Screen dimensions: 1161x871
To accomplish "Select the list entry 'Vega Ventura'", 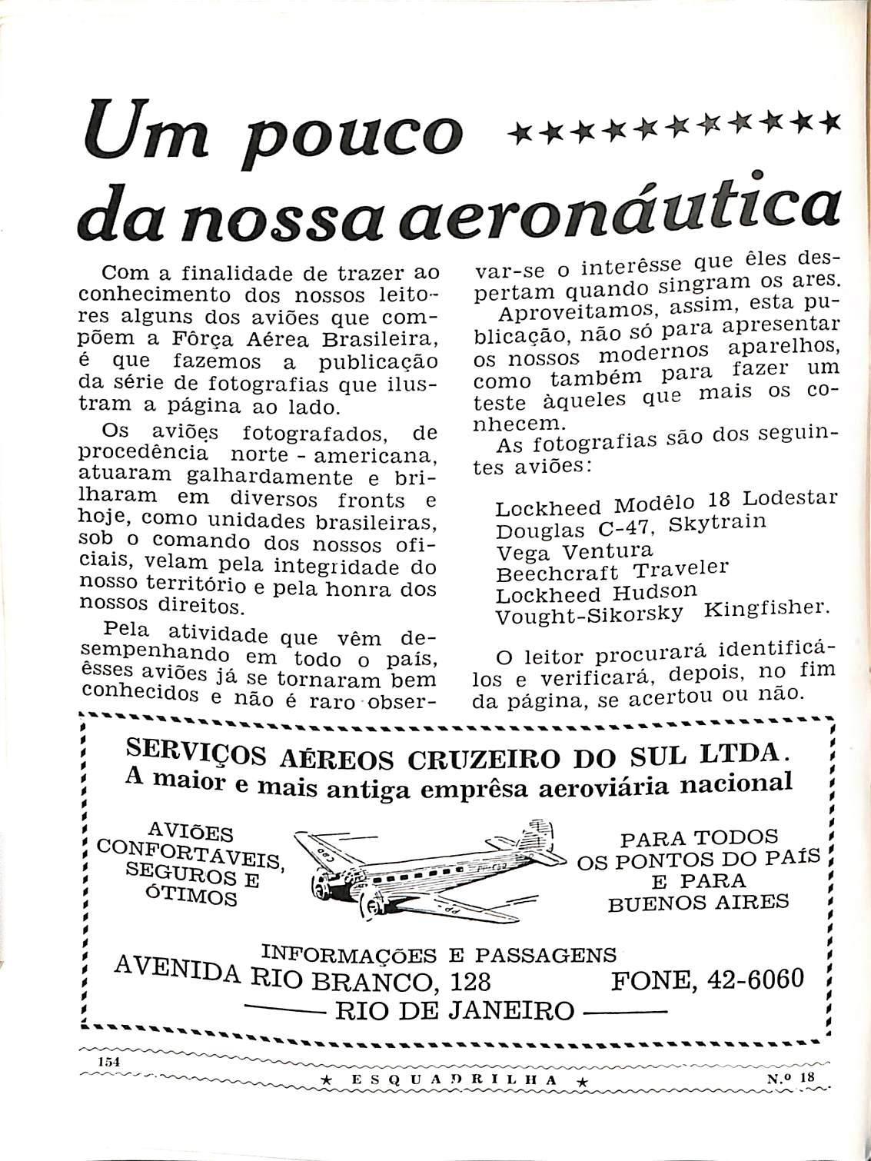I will pyautogui.click(x=574, y=551).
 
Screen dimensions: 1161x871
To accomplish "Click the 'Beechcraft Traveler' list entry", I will pyautogui.click(x=612, y=572).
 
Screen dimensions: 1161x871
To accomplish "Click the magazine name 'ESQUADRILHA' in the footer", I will pyautogui.click(x=454, y=1080).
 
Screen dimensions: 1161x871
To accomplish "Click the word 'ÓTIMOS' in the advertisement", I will pyautogui.click(x=191, y=896).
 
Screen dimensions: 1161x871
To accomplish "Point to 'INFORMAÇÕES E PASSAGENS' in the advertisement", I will pyautogui.click(x=439, y=954).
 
